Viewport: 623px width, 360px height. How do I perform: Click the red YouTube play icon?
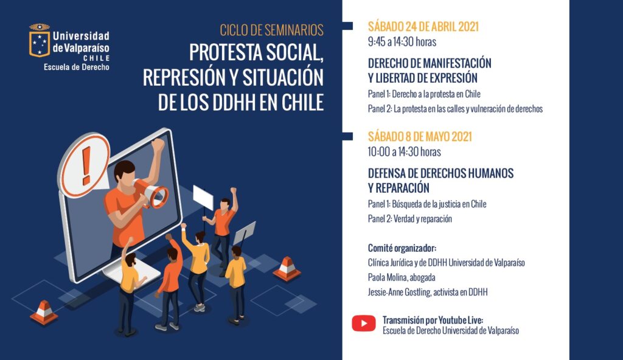(364, 324)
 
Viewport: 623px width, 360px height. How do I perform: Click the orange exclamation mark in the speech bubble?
(86, 165)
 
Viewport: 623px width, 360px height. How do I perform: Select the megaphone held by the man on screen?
(151, 193)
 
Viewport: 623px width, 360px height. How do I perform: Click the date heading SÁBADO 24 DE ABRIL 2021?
(423, 27)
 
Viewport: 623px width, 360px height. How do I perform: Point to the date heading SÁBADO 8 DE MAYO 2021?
(420, 137)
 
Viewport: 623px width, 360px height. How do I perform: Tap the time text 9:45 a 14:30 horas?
(402, 42)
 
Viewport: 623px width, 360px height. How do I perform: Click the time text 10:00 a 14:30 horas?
(404, 152)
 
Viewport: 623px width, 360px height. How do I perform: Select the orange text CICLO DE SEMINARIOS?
(272, 30)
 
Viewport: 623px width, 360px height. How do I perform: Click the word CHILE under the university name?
(96, 58)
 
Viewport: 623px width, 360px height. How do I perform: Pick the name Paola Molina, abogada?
(402, 277)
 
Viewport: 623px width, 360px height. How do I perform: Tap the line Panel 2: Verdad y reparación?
(409, 219)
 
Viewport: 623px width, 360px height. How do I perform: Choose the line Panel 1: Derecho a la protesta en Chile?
(424, 94)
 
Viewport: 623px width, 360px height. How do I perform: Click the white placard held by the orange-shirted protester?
(203, 198)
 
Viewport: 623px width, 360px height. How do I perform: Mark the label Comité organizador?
(402, 248)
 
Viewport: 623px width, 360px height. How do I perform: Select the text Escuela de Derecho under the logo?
(76, 67)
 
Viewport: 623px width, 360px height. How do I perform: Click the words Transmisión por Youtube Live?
(433, 320)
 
